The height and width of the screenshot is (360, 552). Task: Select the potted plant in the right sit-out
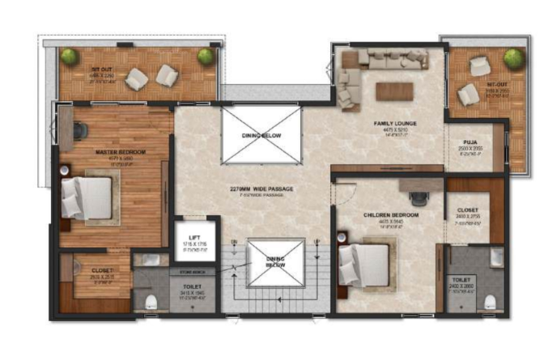512,58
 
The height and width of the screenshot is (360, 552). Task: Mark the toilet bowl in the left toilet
151,303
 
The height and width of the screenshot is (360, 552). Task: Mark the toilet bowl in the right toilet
488,303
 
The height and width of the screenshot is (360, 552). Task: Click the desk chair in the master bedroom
80,129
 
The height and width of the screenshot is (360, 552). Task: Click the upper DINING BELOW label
261,136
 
